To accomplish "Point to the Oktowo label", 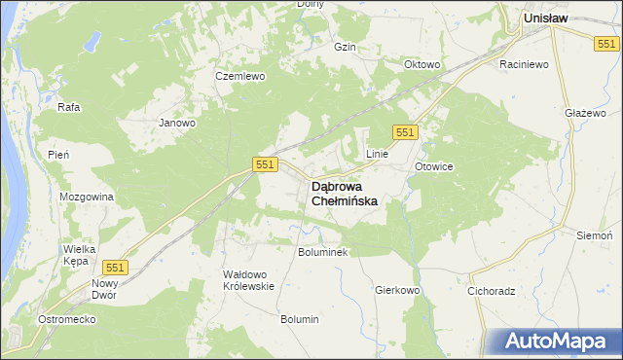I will pyautogui.click(x=422, y=65).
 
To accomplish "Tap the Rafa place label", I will pyautogui.click(x=68, y=107).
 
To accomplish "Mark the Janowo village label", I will pyautogui.click(x=177, y=123).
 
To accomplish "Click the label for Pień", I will pyautogui.click(x=57, y=155).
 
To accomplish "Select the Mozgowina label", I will pyautogui.click(x=87, y=197).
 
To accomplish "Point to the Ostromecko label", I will pyautogui.click(x=63, y=320).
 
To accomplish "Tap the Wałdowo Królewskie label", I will pyautogui.click(x=249, y=280).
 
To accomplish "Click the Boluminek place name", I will pyautogui.click(x=322, y=251).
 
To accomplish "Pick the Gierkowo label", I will pyautogui.click(x=396, y=290).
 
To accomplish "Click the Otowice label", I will pyautogui.click(x=433, y=166).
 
